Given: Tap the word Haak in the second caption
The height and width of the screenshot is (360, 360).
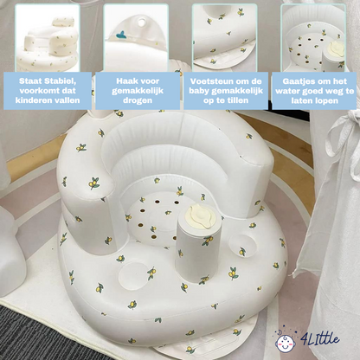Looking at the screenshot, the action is point(126,81).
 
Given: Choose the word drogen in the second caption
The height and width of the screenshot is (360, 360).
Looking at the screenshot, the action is point(138,100).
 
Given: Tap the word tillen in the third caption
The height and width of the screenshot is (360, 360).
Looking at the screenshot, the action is point(236,100).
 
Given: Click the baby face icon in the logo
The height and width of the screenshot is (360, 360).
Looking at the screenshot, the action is point(285,343).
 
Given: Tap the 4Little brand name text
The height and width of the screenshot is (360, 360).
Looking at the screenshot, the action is point(319,338).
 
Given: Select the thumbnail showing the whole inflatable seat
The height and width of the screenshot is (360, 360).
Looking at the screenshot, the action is point(48,38).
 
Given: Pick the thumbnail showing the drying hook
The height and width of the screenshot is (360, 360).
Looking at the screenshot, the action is point(136,38).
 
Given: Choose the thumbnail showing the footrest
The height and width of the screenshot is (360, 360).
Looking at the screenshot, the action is point(224,38).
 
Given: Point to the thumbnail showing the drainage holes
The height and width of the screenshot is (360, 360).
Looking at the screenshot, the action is point(313,38).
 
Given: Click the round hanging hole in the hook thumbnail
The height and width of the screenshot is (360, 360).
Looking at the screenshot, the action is point(141,22).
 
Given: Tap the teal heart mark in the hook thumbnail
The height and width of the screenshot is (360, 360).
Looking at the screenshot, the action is point(121,35).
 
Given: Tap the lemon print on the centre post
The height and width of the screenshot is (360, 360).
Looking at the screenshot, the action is point(207,241).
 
